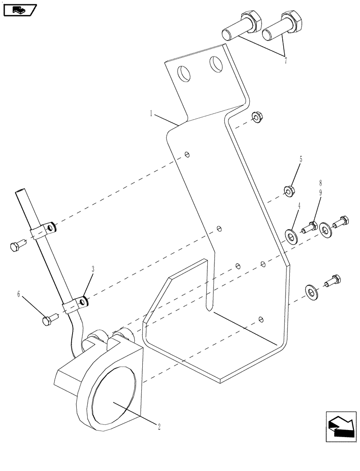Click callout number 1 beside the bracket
pos(151,114)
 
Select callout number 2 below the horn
pos(159,427)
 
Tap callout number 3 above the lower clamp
pos(93,269)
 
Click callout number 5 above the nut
pos(300,159)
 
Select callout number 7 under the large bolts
pos(285,60)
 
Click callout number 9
pos(320,192)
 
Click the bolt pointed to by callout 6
pos(49,321)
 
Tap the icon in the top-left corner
pos(20,9)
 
